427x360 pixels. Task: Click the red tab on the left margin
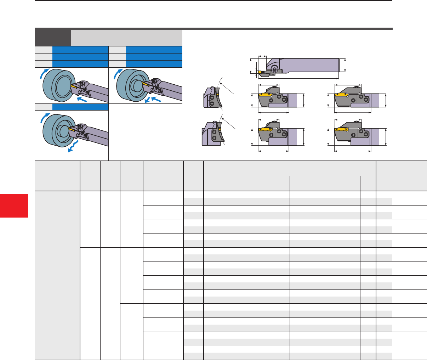[x=14, y=206]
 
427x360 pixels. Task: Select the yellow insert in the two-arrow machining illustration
[x=147, y=84]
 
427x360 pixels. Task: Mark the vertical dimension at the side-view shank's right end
[x=345, y=65]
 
